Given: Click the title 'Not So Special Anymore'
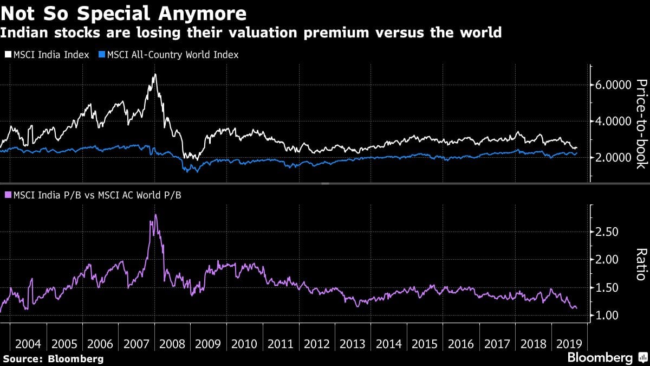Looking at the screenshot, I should [123, 13].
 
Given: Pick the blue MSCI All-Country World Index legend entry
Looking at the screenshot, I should [168, 55].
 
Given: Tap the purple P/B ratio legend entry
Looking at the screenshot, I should [93, 195].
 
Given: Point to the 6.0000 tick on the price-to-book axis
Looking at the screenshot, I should [613, 85].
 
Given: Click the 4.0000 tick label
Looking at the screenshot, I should [613, 121].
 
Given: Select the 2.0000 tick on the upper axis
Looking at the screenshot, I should [613, 158].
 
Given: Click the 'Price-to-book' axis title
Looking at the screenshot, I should [640, 124].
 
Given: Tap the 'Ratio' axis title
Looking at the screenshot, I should [640, 265].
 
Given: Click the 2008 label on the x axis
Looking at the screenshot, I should [172, 344].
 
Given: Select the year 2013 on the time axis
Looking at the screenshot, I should [353, 344].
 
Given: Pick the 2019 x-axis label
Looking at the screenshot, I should [568, 344].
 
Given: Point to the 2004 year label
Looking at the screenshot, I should [28, 344].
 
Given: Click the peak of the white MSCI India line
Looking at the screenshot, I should [155, 74].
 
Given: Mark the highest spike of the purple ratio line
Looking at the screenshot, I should [155, 215].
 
